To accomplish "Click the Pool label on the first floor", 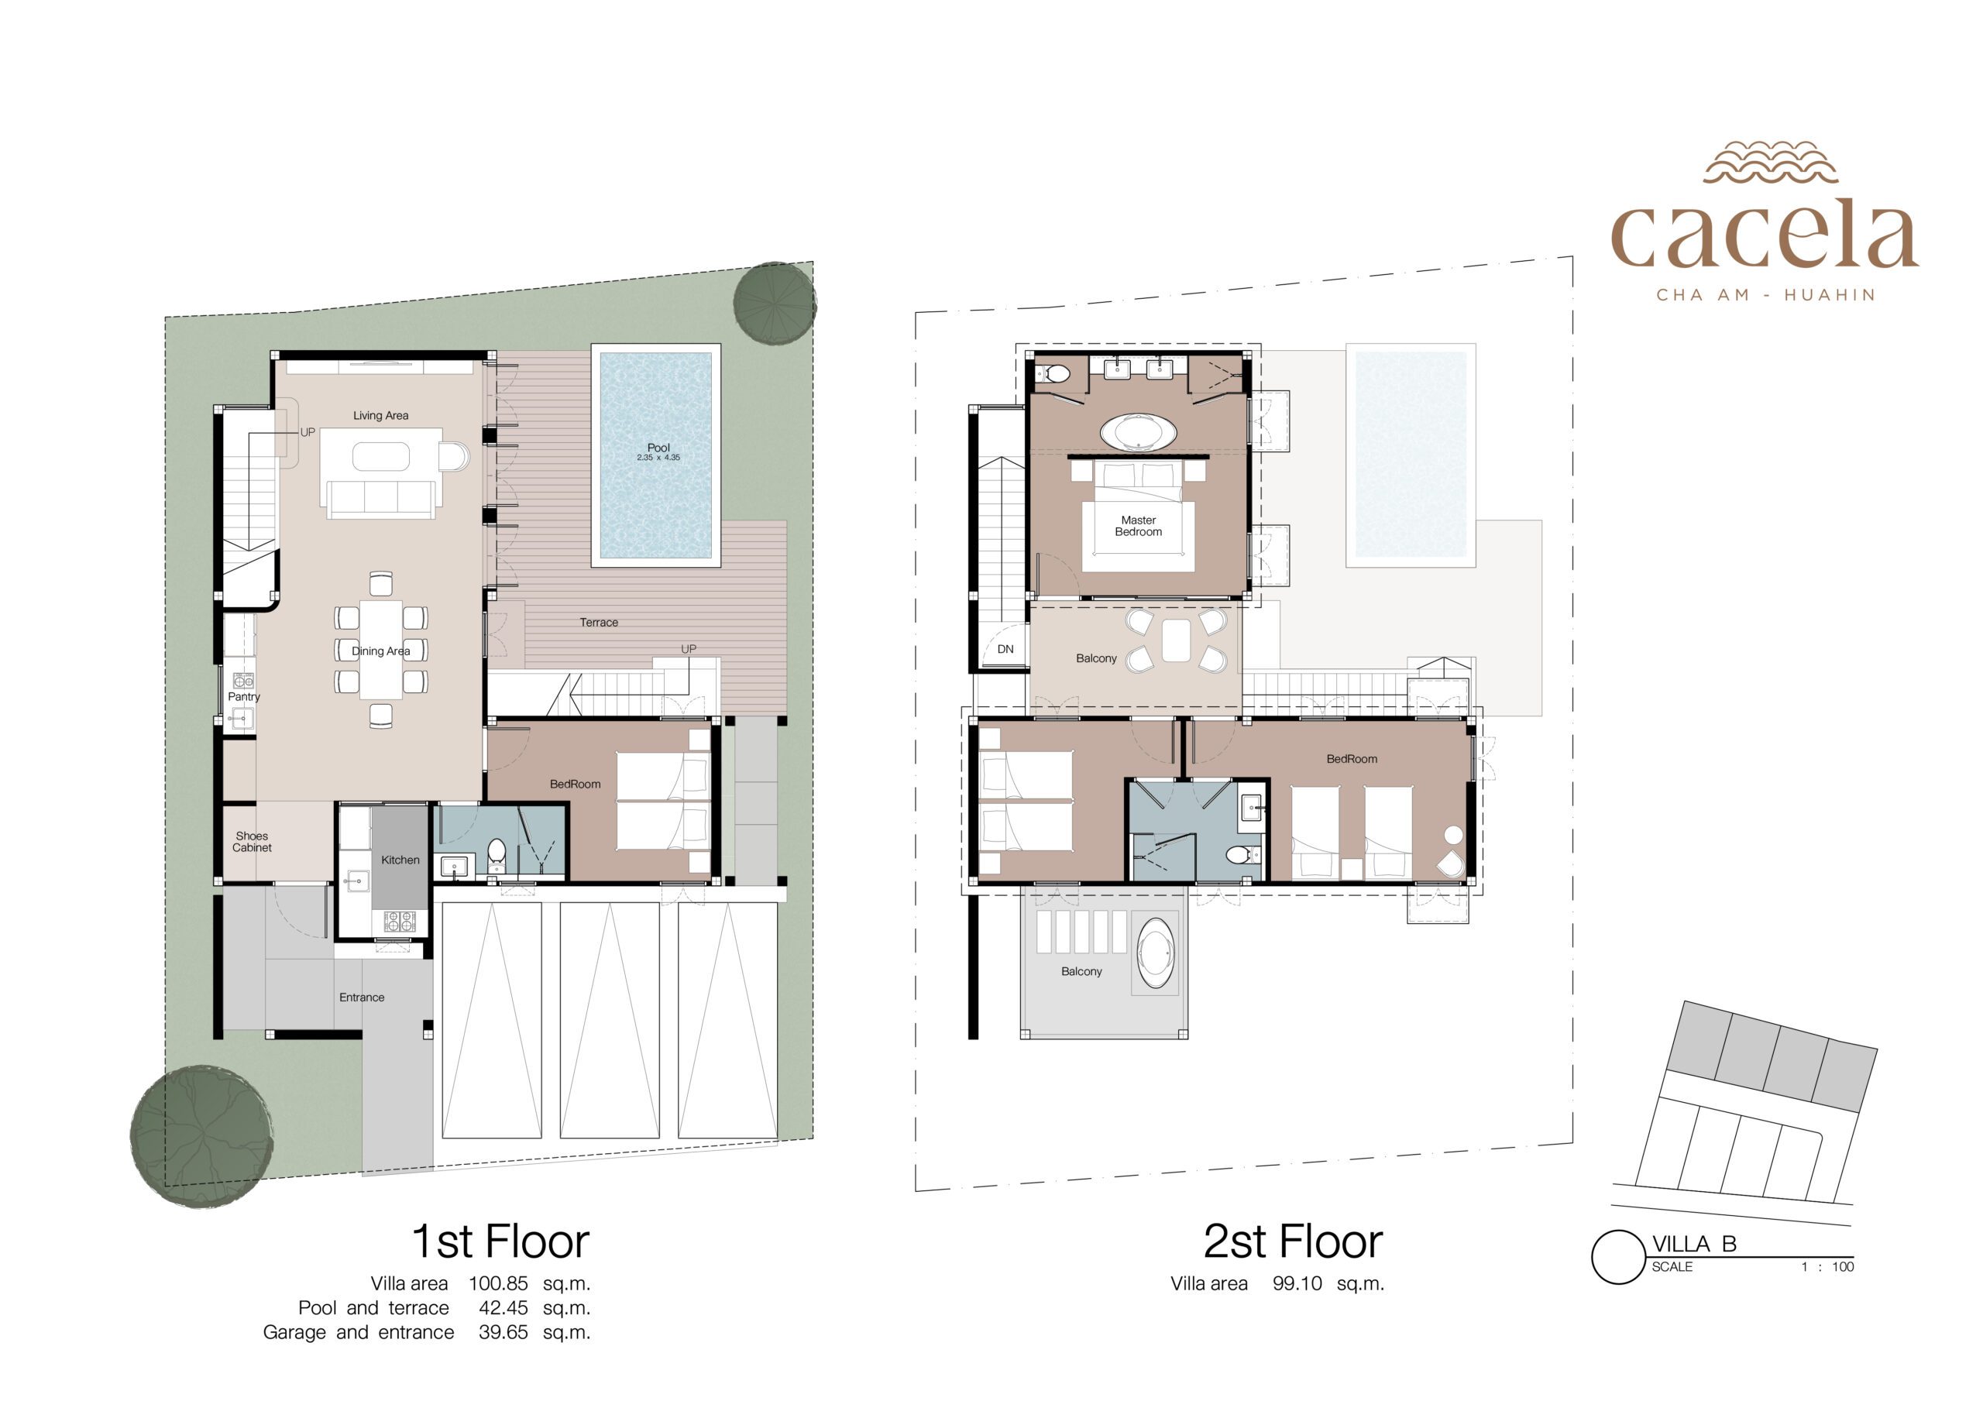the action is pyautogui.click(x=658, y=448).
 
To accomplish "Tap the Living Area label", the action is pyautogui.click(x=381, y=415).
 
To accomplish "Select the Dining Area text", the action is pyautogui.click(x=381, y=651).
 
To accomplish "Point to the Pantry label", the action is pyautogui.click(x=243, y=697).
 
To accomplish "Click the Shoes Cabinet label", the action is pyautogui.click(x=253, y=842).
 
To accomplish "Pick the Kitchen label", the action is pyautogui.click(x=400, y=860).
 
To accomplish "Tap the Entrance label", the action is pyautogui.click(x=362, y=998).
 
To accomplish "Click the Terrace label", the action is pyautogui.click(x=599, y=623).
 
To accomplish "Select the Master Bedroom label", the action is pyautogui.click(x=1139, y=526).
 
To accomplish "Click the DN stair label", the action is pyautogui.click(x=1005, y=650).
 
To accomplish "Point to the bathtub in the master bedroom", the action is pyautogui.click(x=1139, y=433).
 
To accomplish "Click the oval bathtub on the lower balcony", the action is pyautogui.click(x=1156, y=953).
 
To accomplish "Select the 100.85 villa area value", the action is pyautogui.click(x=498, y=1283).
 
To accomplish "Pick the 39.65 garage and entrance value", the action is pyautogui.click(x=503, y=1333).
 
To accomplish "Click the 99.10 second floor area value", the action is pyautogui.click(x=1297, y=1283).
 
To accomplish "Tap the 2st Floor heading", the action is pyautogui.click(x=1293, y=1242).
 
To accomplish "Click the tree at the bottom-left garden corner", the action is pyautogui.click(x=202, y=1137).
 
